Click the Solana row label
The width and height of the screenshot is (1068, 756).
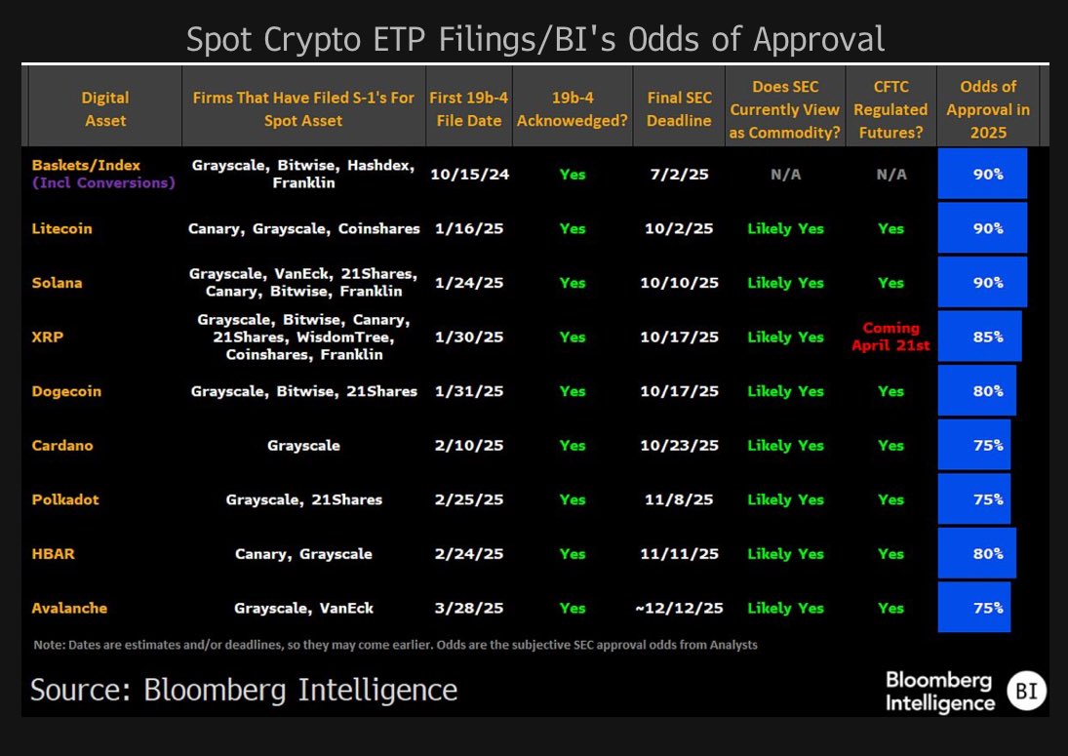click(x=57, y=283)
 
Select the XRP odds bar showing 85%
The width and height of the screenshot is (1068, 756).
click(x=979, y=337)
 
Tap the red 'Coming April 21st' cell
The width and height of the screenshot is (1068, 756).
click(x=890, y=337)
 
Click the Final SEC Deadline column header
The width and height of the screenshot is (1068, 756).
click(x=679, y=108)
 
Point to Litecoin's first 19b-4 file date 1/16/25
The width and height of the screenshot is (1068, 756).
click(x=466, y=228)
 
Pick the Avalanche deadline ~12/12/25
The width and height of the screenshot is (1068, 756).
click(x=679, y=608)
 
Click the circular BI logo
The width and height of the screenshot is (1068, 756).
click(x=1026, y=690)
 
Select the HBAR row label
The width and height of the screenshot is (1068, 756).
click(x=54, y=553)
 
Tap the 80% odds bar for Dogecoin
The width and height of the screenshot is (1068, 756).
click(x=976, y=391)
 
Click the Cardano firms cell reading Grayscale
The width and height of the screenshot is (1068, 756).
click(x=303, y=445)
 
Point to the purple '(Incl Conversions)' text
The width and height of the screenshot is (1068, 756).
click(x=103, y=182)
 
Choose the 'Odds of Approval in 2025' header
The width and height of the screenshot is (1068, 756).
click(x=987, y=108)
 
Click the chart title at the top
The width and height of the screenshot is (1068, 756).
click(x=535, y=39)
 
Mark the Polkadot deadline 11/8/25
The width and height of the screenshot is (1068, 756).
click(x=679, y=499)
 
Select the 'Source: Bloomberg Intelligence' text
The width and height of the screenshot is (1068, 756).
click(x=244, y=690)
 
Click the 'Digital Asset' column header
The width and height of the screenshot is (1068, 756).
click(x=104, y=108)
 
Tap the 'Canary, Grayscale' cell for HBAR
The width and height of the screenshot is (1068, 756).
click(x=303, y=553)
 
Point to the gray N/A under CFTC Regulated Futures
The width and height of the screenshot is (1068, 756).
click(x=890, y=174)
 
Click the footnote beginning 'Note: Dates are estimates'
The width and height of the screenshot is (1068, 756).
click(x=395, y=645)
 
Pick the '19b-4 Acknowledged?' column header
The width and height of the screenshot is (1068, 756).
click(x=573, y=108)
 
